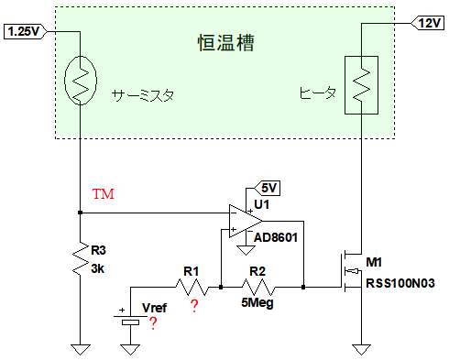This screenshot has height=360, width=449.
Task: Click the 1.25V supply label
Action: (x=25, y=31)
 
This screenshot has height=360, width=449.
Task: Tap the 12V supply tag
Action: (x=428, y=23)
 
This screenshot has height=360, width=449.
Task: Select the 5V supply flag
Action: (x=268, y=188)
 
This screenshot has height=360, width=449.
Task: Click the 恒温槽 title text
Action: (x=225, y=42)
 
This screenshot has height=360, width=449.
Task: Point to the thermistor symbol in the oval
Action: (x=81, y=81)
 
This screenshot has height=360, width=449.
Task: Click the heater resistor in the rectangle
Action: (x=361, y=85)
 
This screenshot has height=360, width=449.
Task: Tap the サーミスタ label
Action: (x=143, y=95)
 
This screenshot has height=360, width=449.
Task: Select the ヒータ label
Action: (x=318, y=93)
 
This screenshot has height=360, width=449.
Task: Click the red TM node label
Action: (x=104, y=194)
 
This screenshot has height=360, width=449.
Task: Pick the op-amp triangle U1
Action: (x=245, y=221)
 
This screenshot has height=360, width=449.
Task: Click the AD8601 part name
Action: (x=276, y=237)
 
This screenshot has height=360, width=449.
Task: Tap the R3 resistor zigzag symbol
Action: (x=81, y=258)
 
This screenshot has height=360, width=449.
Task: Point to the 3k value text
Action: (x=98, y=269)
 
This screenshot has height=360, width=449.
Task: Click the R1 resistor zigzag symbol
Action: (x=192, y=287)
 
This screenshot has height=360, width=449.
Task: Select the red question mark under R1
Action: (x=194, y=306)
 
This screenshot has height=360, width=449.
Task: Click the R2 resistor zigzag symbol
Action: (x=258, y=287)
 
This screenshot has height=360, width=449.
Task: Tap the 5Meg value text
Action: (x=257, y=303)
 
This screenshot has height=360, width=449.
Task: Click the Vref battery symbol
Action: (x=130, y=320)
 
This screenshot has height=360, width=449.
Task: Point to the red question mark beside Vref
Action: (x=153, y=323)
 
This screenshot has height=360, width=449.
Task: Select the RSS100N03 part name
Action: (x=400, y=283)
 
